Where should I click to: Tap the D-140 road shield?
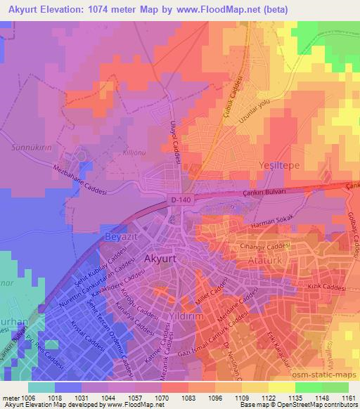(179, 200)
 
